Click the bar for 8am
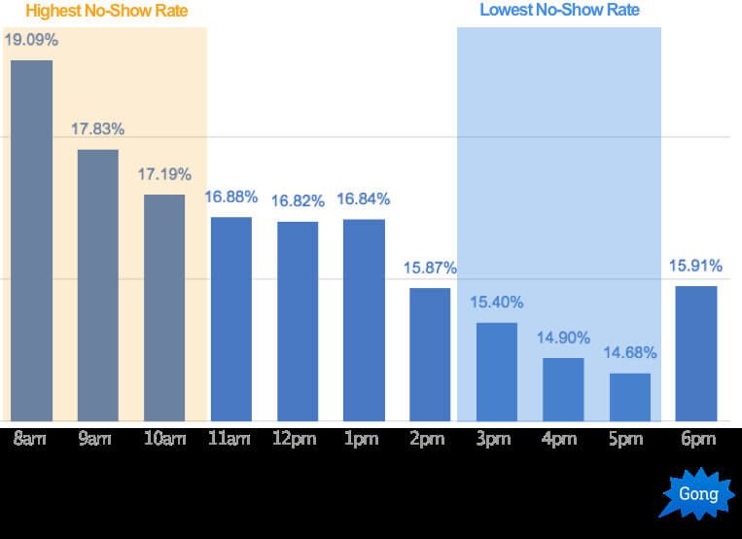pos(31,240)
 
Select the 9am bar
pos(98,285)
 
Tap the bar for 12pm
pos(298,321)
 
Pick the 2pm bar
pos(430,354)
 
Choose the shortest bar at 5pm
pos(630,397)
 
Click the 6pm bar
pos(696,353)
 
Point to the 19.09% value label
pos(31,42)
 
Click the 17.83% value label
pos(98,129)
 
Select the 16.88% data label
pos(230,198)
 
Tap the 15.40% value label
pos(497,303)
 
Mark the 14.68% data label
pos(630,353)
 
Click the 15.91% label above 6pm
pos(696,266)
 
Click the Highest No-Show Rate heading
pos(107,12)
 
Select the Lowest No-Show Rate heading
pos(559,11)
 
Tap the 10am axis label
pos(164,440)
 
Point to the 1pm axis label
pos(361,440)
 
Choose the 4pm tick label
pos(559,440)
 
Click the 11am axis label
pos(230,440)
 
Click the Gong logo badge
pos(698,494)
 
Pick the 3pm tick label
pos(493,440)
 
